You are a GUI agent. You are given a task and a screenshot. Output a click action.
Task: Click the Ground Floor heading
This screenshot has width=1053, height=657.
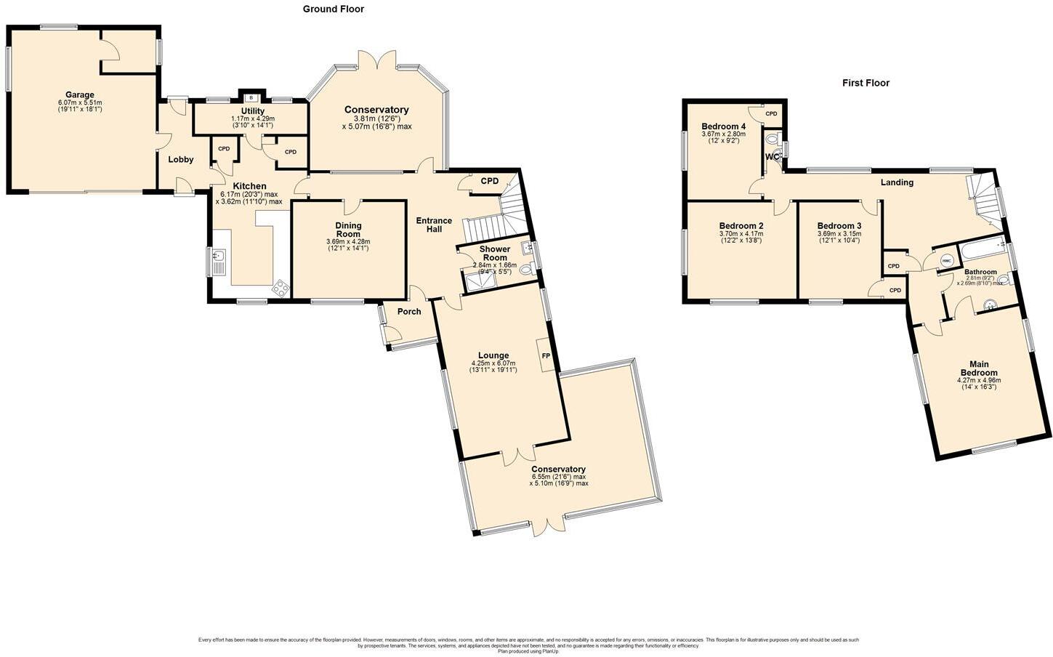[333, 9]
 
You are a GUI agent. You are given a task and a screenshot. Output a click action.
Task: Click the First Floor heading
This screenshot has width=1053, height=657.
[866, 83]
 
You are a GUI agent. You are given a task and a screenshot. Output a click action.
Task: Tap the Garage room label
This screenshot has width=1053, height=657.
[80, 95]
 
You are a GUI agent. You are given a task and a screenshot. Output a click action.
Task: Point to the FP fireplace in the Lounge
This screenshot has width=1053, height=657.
[546, 356]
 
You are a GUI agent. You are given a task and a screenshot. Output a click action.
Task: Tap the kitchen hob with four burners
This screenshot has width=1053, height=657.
[281, 289]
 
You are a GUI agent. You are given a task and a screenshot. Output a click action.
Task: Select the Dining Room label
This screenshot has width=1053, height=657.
[348, 230]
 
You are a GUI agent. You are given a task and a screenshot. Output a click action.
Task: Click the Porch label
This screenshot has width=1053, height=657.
[409, 312]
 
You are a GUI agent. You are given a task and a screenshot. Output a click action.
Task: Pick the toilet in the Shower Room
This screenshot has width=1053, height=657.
[526, 270]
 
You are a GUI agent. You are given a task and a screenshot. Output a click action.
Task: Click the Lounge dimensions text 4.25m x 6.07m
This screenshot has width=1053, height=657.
[493, 363]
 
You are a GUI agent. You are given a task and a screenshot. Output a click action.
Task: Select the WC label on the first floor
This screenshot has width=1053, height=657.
[772, 157]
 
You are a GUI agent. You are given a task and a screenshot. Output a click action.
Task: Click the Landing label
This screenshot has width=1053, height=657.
[897, 182]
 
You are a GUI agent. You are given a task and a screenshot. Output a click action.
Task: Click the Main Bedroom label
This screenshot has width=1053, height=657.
[978, 368]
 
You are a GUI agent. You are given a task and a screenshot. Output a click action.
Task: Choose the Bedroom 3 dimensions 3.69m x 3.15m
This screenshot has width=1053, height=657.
[839, 234]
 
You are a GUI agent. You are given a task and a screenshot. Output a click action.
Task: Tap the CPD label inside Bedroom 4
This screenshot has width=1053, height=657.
[771, 114]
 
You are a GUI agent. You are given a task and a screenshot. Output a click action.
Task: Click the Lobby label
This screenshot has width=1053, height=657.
[181, 160]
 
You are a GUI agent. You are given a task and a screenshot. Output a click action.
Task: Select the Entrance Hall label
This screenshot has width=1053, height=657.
[434, 225]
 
